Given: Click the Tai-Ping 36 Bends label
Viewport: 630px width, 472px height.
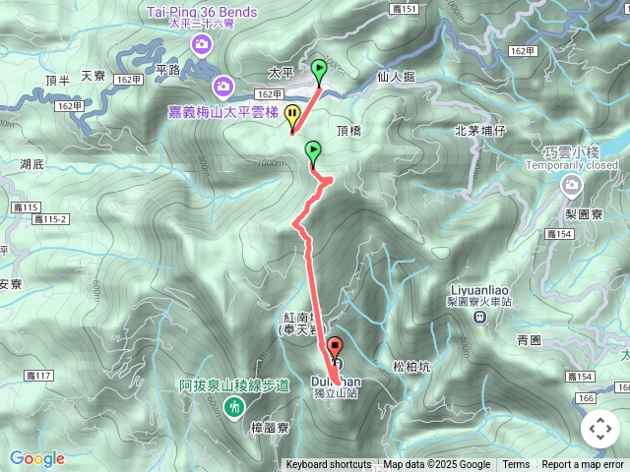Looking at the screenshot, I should click(202, 12).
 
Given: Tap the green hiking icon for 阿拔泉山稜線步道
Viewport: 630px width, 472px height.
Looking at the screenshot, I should click(234, 405).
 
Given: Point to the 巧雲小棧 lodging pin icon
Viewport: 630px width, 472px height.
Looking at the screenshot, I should click(572, 185).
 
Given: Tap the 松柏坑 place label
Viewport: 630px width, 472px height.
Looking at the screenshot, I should click(411, 366).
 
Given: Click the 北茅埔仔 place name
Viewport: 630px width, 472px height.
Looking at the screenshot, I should click(479, 130).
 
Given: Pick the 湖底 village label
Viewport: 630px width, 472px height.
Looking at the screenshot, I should click(32, 164).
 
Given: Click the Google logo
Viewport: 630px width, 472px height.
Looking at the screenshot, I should click(36, 458).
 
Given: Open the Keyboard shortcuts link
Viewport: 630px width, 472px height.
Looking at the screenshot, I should click(329, 465).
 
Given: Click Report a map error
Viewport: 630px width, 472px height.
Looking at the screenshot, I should click(583, 465).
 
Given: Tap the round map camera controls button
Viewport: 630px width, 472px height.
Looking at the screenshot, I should click(599, 429).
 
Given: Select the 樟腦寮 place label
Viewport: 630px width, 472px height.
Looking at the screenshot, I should click(269, 428).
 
